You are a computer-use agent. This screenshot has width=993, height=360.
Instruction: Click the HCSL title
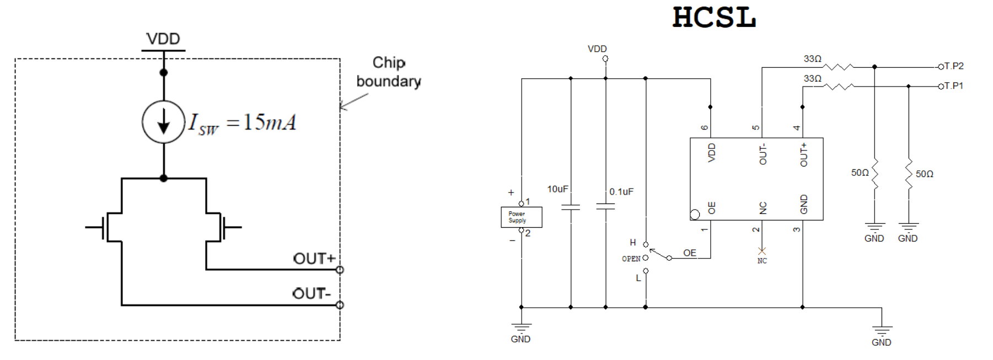tap(714, 17)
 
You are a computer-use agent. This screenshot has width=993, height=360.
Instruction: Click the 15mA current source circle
tap(163, 122)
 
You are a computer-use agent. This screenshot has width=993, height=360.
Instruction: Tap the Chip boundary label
tap(389, 72)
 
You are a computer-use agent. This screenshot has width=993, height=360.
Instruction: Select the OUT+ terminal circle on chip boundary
tap(340, 270)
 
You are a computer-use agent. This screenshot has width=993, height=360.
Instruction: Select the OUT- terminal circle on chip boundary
tap(340, 305)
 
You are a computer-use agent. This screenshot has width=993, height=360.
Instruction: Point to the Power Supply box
tap(521, 217)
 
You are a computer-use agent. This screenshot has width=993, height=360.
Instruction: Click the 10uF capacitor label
tap(557, 189)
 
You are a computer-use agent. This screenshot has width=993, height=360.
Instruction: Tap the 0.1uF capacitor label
tap(621, 192)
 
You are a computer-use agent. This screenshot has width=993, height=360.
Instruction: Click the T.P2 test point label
tap(954, 66)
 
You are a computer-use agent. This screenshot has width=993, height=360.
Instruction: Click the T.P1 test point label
tap(954, 86)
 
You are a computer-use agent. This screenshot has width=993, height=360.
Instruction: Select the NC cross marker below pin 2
tap(762, 251)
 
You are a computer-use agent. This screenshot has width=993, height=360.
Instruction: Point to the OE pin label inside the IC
tap(712, 208)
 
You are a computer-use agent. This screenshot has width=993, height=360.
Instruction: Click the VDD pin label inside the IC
tap(712, 152)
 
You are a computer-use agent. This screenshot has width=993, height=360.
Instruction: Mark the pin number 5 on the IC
tap(756, 128)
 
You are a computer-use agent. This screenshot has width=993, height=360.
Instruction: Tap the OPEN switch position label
tap(631, 259)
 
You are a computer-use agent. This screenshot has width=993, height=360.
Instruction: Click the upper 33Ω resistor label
tap(812, 59)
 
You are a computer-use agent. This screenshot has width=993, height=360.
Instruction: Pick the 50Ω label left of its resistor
tap(860, 173)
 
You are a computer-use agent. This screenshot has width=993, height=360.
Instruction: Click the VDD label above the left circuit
tap(163, 39)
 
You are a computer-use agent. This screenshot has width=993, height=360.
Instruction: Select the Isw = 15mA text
tap(243, 123)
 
